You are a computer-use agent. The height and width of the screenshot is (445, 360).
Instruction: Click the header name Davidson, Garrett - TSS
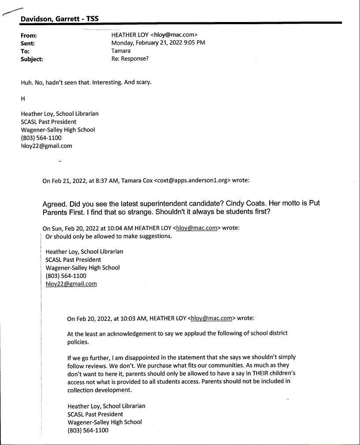click(x=59, y=19)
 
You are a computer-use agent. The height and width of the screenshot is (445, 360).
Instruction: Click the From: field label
click(x=29, y=35)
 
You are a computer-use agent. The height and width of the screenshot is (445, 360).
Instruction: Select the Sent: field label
click(x=28, y=43)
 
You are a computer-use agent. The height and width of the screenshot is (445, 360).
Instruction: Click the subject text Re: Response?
click(x=130, y=59)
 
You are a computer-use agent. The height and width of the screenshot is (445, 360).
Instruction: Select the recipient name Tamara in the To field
click(x=121, y=51)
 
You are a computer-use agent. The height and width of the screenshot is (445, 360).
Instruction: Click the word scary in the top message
click(x=141, y=82)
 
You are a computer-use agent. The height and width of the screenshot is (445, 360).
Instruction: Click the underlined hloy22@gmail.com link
click(x=71, y=284)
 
